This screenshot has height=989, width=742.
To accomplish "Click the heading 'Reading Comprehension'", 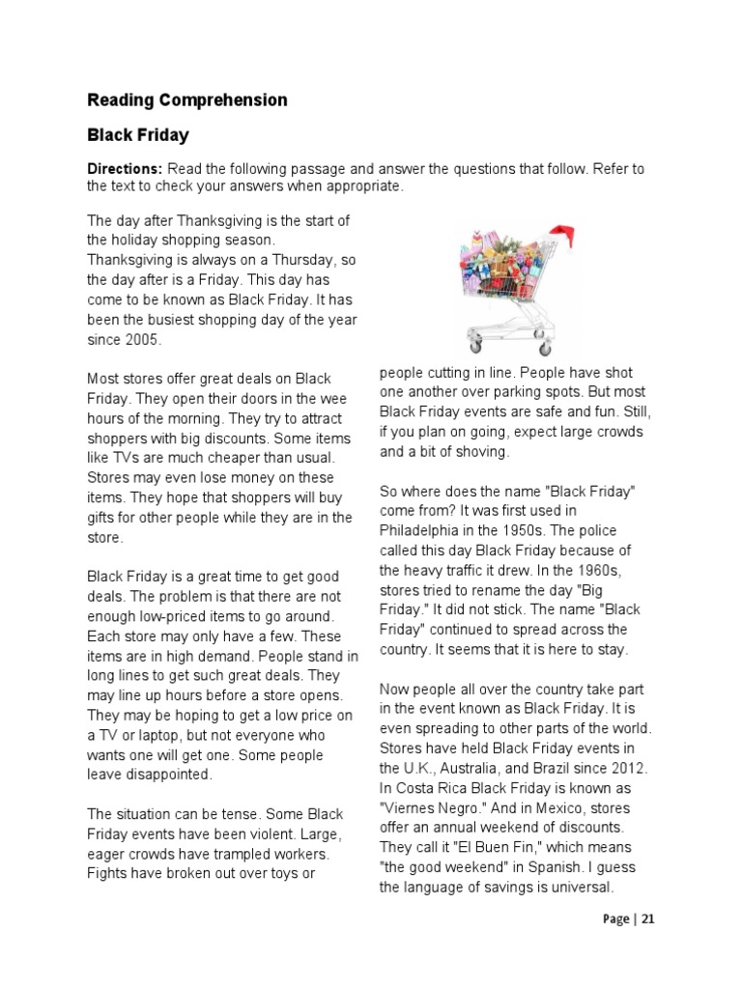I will click(186, 99).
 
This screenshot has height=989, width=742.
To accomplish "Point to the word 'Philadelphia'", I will click(422, 531).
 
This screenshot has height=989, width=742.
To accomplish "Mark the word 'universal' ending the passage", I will click(577, 888).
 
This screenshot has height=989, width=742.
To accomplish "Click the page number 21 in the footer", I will click(646, 918).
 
